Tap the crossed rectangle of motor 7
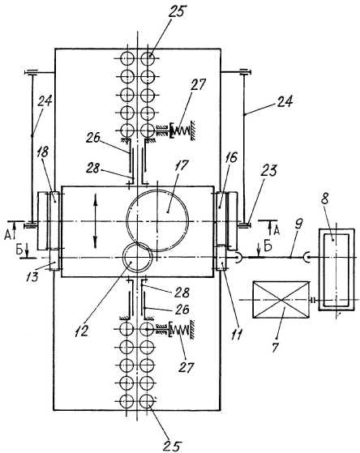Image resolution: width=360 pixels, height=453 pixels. [281, 300]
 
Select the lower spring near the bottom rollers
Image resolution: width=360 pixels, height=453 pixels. [179, 329]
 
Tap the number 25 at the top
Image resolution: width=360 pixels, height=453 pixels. [177, 12]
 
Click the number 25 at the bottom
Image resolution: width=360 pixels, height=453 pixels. [172, 446]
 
